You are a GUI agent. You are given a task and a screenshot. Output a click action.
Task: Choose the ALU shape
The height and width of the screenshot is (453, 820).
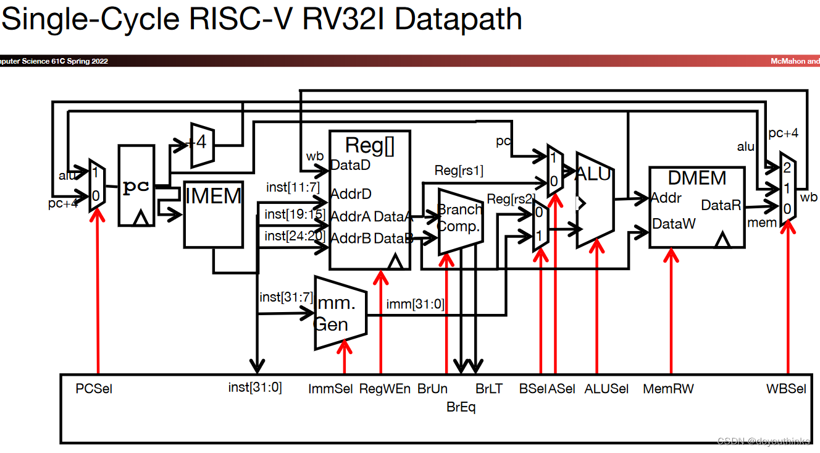click(593, 200)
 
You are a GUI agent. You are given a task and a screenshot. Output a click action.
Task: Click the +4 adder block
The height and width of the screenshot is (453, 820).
click(202, 145)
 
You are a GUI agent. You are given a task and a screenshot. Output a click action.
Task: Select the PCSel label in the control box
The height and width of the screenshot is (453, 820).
click(94, 389)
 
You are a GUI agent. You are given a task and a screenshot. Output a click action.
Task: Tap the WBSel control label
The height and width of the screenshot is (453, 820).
click(786, 389)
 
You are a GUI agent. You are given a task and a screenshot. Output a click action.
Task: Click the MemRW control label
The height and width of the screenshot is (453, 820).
click(668, 389)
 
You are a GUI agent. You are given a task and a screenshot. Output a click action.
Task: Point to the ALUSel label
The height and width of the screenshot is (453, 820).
click(606, 389)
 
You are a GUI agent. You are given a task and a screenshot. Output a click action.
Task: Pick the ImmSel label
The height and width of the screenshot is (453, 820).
click(330, 389)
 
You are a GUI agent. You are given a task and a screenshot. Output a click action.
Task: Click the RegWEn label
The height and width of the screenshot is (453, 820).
click(385, 389)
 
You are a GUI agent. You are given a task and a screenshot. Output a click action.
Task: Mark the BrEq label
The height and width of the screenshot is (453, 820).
click(461, 407)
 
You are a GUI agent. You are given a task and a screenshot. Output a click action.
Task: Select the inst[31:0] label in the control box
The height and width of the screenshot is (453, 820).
click(255, 387)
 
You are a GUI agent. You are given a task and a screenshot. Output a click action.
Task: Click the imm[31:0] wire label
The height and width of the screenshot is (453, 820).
click(415, 303)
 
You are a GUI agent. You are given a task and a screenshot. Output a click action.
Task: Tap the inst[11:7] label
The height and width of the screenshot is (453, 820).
click(293, 187)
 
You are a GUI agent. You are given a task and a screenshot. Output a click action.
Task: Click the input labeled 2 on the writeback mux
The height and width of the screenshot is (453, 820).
click(787, 167)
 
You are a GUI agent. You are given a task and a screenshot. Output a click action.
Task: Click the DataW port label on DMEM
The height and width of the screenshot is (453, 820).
click(674, 224)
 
